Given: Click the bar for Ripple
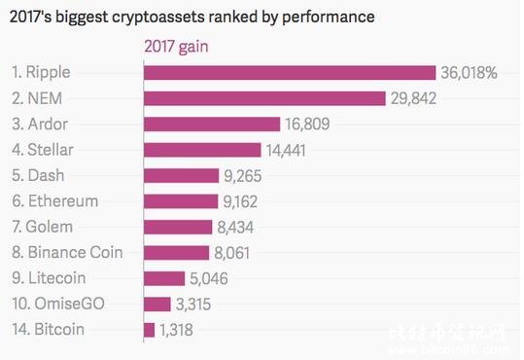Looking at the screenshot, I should pos(289,73).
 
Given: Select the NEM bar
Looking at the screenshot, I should pos(264,98).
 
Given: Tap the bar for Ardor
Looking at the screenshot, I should pos(212,124).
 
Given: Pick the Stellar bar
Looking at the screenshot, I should pos(202,150).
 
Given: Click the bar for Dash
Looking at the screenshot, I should pos(181,175).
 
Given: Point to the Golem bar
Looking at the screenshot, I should pos(178,227).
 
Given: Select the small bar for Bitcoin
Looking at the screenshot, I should pos(149,330).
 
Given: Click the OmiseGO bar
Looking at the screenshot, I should pos(157,304).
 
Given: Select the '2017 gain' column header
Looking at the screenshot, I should pos(178,47).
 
